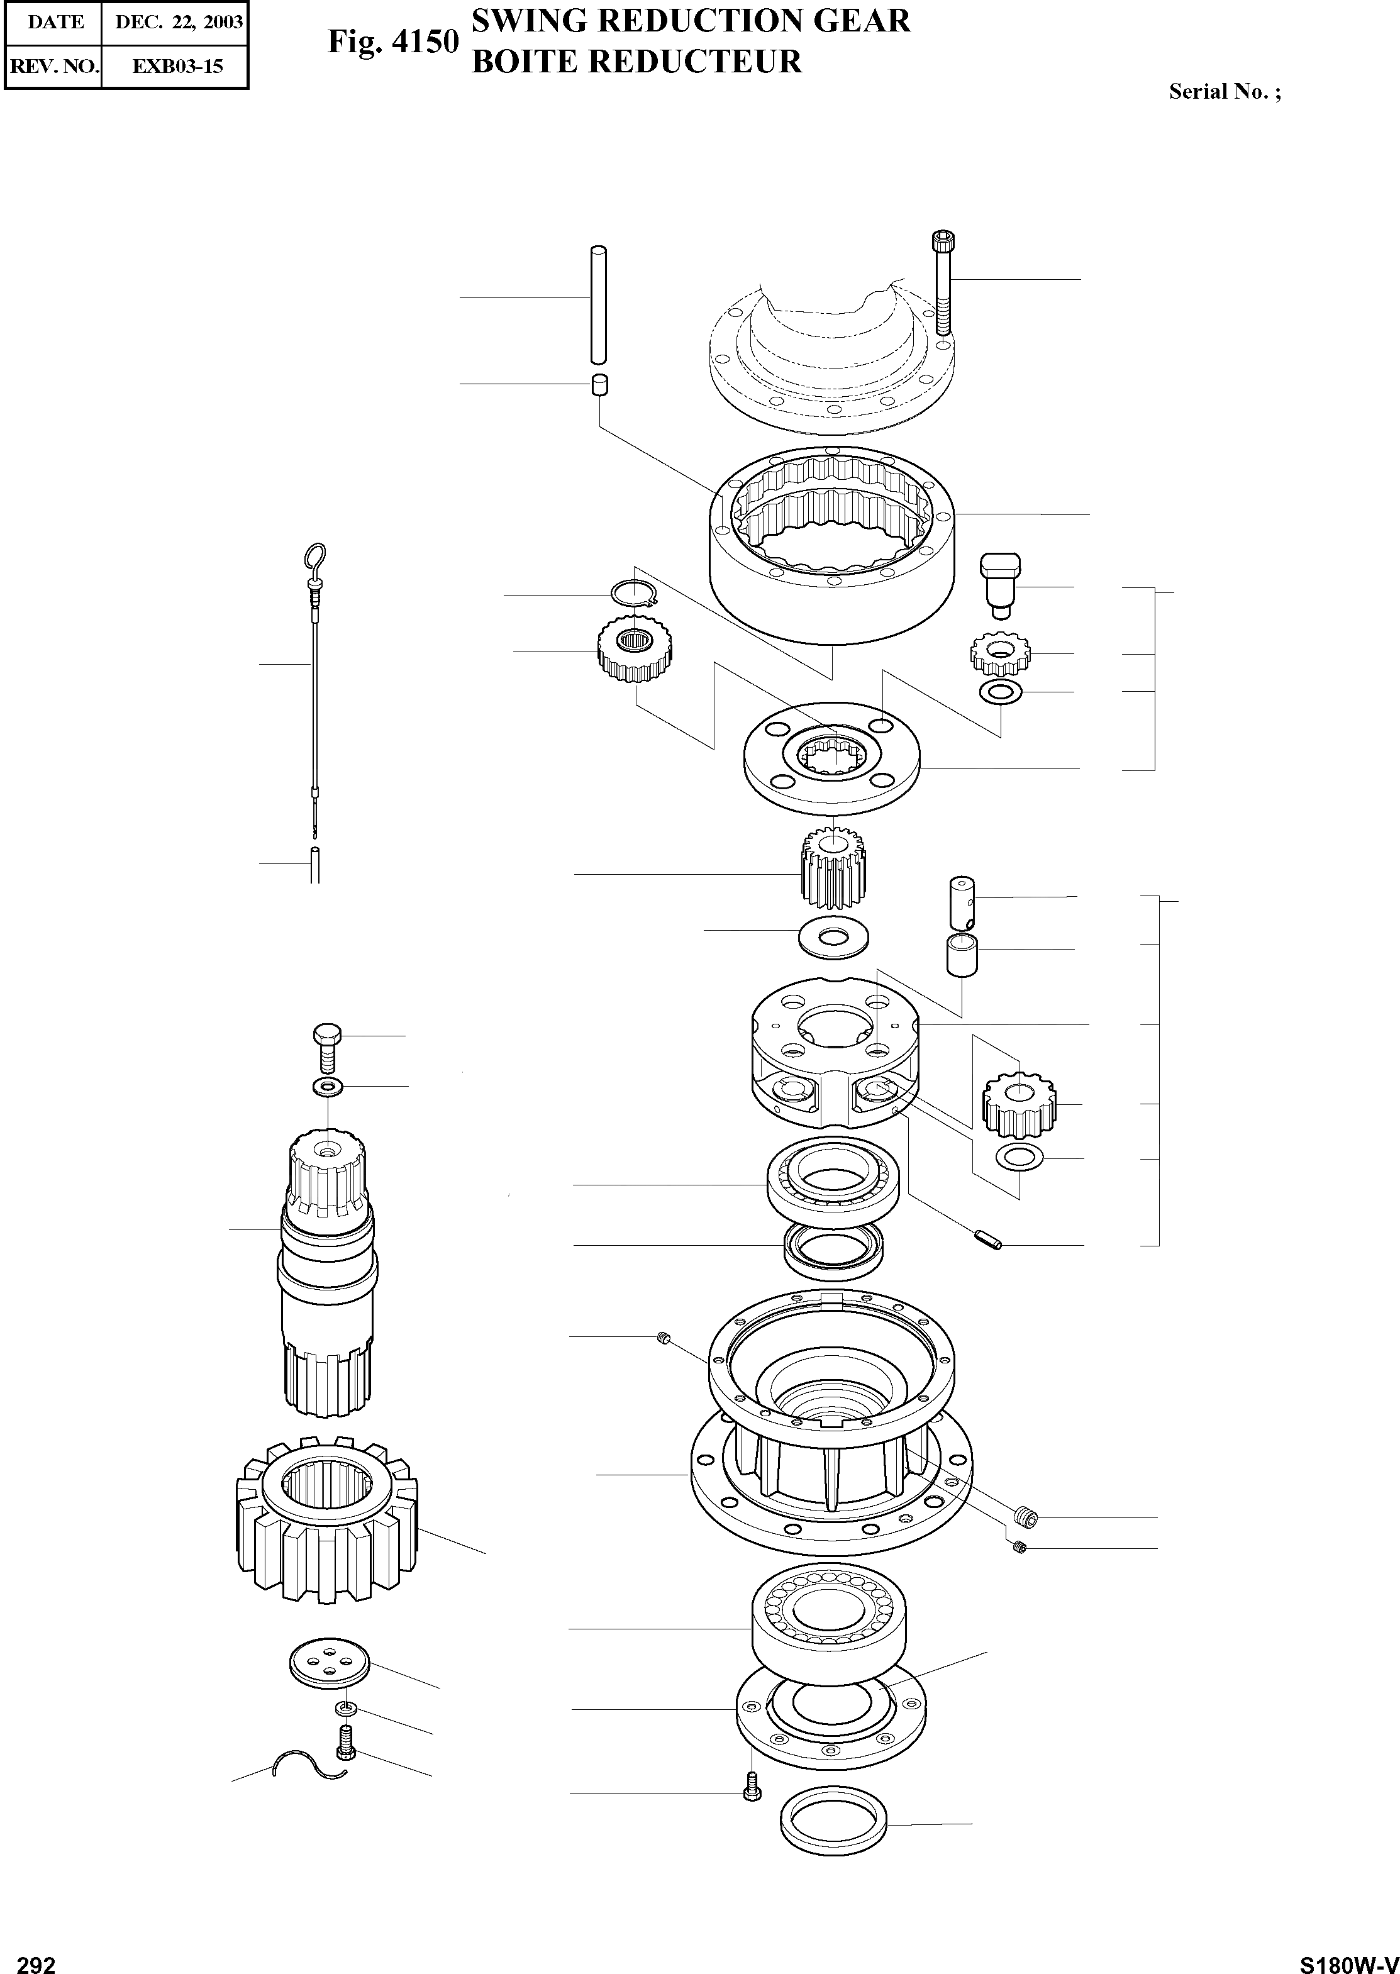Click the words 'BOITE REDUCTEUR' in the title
click(x=637, y=61)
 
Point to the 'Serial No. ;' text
click(x=1224, y=91)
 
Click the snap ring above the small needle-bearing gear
click(x=635, y=595)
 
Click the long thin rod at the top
click(x=597, y=306)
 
